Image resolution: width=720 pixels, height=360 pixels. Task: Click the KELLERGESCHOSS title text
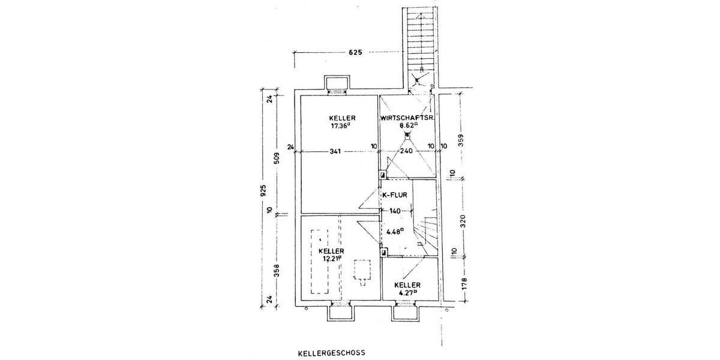(331, 354)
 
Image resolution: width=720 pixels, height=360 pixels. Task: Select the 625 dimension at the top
(356, 53)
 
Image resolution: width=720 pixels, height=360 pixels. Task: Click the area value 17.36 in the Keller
(340, 127)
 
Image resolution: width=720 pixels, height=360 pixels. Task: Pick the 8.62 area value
(408, 126)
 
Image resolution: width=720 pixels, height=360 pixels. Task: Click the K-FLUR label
(395, 194)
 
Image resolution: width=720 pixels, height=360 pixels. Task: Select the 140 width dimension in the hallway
(395, 211)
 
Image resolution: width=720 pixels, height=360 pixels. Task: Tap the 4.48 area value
(395, 231)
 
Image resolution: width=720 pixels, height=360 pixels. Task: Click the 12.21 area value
(331, 259)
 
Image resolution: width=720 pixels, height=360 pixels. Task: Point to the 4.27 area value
(407, 293)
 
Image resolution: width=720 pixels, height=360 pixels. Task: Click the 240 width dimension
(407, 152)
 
